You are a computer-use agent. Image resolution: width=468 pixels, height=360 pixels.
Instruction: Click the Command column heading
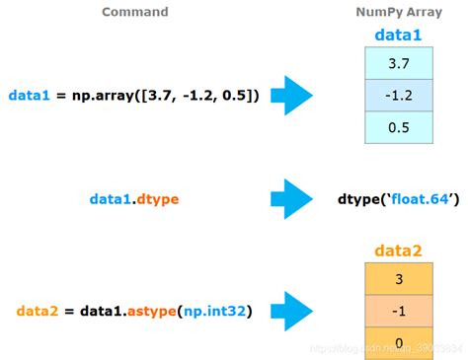(135, 12)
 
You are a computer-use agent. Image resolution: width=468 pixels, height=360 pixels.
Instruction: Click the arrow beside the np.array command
(292, 96)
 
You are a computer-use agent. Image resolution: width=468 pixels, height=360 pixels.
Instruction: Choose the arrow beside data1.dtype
(292, 201)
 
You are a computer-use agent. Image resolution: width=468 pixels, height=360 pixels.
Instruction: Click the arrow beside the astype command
(292, 311)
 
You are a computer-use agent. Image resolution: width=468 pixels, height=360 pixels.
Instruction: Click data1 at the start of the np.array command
(29, 96)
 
